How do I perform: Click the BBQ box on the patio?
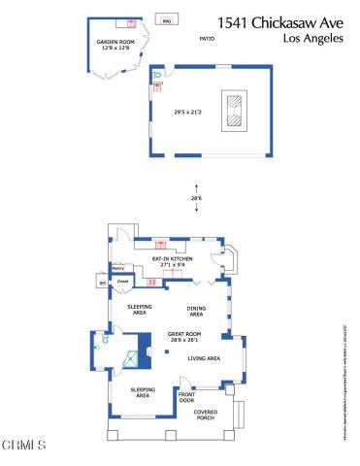(166, 19)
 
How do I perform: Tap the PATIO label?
(206, 39)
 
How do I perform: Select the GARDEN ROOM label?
(113, 45)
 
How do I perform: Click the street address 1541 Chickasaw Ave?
(280, 21)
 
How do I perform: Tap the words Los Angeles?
(311, 39)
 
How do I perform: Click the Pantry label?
(119, 268)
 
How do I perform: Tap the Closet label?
(123, 282)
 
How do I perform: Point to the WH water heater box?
(103, 282)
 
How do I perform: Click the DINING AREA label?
(197, 313)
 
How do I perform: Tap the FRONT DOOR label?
(186, 398)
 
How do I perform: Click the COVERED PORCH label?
(204, 416)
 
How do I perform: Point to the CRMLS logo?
(23, 446)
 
